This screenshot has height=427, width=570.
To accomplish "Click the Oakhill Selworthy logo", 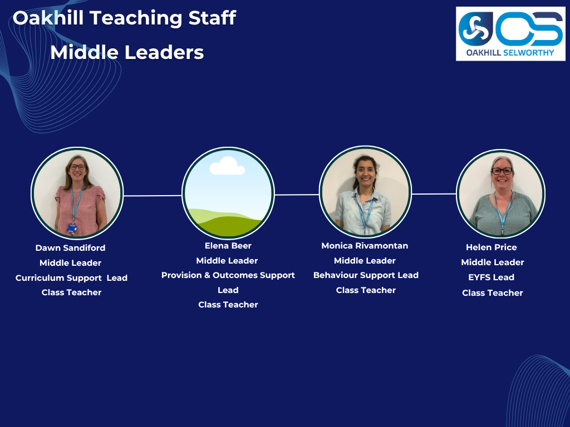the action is coord(510,34).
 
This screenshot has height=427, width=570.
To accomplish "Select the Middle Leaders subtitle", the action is coord(127,52).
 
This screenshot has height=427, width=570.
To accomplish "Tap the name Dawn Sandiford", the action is coord(70,247).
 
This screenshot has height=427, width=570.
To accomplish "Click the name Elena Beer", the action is coord(228,246).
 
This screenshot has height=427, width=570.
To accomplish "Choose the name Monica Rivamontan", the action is coord(365,246).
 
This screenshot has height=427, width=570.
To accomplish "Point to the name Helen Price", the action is coord(492,247).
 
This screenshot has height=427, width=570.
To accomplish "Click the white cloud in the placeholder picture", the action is coord(227,166).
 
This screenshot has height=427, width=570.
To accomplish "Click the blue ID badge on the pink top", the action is coord(72,228).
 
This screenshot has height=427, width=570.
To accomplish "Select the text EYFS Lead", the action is coord(491,277).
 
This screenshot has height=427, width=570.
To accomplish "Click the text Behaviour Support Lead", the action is coord(366,275).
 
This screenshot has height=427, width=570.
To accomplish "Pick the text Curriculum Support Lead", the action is coord(71,278).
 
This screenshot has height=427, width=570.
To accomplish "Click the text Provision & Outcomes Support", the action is coord(228,275).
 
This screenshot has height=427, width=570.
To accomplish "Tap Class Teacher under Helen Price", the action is coord(492,292).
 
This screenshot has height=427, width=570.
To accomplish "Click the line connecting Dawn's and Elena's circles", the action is coord(153,196).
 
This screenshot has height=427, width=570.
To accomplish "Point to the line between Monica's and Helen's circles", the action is coord(434,194).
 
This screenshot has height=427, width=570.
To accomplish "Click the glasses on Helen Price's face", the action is coord(502,171).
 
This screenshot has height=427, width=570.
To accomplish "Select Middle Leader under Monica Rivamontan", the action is coord(365,261).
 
